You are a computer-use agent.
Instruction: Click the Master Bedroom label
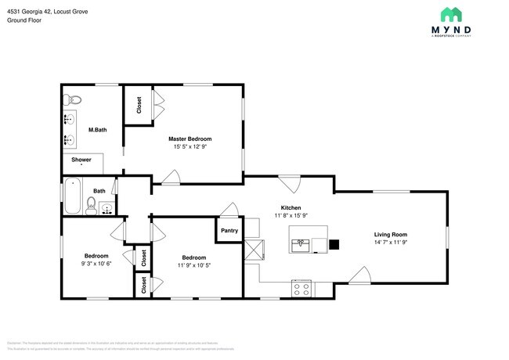click(190, 139)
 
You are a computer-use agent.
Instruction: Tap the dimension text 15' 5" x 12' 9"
click(190, 146)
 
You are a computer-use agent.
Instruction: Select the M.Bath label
click(97, 129)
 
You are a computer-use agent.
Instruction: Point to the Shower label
click(81, 160)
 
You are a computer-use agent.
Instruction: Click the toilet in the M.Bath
click(72, 99)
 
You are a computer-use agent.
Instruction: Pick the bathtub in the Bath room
click(72, 196)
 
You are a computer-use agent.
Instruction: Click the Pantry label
click(229, 231)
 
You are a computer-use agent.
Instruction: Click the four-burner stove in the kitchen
click(301, 288)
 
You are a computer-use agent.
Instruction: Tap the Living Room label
click(390, 234)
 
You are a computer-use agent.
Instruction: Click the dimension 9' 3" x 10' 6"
click(96, 265)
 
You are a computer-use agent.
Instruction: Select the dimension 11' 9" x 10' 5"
click(194, 265)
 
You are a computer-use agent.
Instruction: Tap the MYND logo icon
click(450, 15)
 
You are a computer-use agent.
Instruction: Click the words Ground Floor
click(24, 20)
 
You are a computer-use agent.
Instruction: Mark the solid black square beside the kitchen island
click(334, 244)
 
